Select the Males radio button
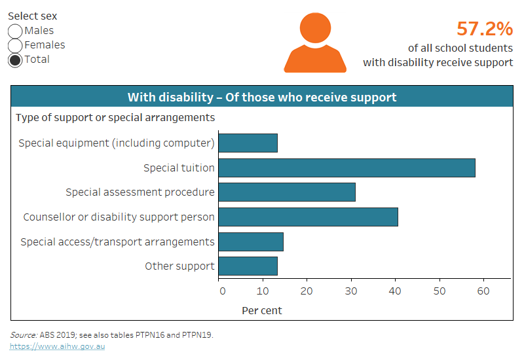click(15, 31)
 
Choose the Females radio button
click(15, 45)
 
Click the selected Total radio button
click(15, 60)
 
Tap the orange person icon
click(314, 43)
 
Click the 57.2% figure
click(484, 29)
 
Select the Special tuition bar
click(346, 168)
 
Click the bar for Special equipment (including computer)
click(248, 143)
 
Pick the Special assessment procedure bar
click(287, 192)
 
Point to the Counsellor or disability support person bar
click(308, 217)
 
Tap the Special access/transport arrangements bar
click(251, 242)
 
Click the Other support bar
click(248, 266)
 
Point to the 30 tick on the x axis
click(352, 291)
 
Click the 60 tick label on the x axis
click(483, 291)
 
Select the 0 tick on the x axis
click(222, 291)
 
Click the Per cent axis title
click(262, 310)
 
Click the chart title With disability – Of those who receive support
click(262, 98)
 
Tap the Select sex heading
click(32, 16)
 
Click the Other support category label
click(179, 266)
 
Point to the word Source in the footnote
click(23, 334)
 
